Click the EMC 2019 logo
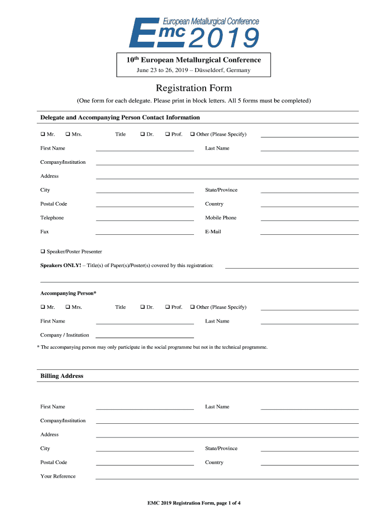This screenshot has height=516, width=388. [194, 32]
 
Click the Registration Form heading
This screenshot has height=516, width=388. [193, 88]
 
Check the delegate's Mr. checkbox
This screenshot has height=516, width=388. [43, 134]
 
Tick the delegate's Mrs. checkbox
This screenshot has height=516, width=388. [68, 134]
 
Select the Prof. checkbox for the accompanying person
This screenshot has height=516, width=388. [168, 307]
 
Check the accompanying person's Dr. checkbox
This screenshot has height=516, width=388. [143, 307]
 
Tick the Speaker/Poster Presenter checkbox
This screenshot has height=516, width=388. [43, 251]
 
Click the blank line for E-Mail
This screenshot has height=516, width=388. [309, 233]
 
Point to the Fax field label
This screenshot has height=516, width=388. [44, 232]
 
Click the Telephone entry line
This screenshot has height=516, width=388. [145, 219]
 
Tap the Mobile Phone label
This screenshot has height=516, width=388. [220, 218]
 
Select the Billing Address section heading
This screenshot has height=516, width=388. [61, 376]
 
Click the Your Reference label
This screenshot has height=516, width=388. [57, 476]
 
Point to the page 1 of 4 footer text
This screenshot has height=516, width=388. [193, 503]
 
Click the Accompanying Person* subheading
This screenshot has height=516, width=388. [68, 293]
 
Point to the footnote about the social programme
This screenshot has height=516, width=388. [154, 347]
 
